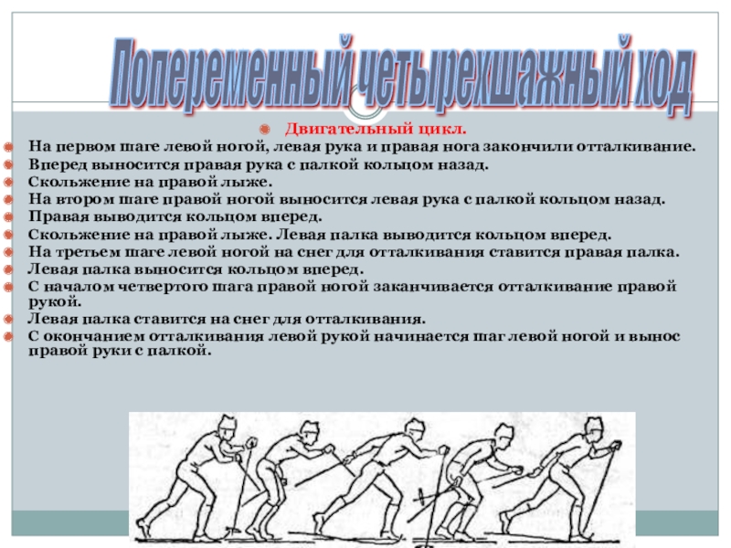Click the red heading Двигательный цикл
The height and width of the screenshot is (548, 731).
pyautogui.click(x=376, y=128)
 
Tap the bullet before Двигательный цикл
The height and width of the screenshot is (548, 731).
pyautogui.click(x=264, y=129)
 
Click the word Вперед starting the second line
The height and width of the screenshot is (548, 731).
pyautogui.click(x=58, y=164)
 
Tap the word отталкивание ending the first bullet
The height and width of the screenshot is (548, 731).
pyautogui.click(x=636, y=146)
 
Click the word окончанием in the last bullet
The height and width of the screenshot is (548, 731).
pyautogui.click(x=92, y=336)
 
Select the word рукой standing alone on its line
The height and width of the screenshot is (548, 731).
pyautogui.click(x=55, y=302)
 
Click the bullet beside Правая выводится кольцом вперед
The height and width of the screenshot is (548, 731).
pyautogui.click(x=8, y=217)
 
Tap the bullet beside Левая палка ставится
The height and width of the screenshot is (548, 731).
pyautogui.click(x=8, y=319)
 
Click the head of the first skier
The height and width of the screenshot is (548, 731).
pyautogui.click(x=228, y=427)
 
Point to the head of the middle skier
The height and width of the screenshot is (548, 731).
pyautogui.click(x=415, y=429)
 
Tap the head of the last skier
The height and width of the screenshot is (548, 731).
pyautogui.click(x=595, y=427)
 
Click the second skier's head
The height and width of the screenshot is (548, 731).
pyautogui.click(x=309, y=433)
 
